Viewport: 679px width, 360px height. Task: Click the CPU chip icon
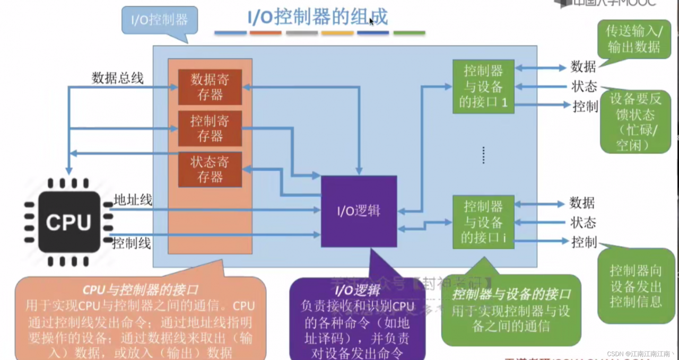coord(68,222)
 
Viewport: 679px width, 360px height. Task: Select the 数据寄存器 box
coord(210,87)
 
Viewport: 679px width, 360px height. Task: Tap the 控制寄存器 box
coord(210,128)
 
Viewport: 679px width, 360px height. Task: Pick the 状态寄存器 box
coord(210,169)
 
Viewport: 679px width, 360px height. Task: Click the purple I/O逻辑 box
coord(359,211)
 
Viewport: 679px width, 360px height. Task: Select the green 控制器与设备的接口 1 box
coord(483,86)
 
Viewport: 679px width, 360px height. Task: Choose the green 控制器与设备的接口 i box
coord(483,222)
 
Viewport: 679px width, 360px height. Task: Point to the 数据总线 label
coord(117,78)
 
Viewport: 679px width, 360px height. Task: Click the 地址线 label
coord(133,200)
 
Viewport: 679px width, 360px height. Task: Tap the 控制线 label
coord(132,243)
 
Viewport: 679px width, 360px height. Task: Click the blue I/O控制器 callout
coord(160,21)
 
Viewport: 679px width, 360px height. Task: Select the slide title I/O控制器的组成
coord(318,17)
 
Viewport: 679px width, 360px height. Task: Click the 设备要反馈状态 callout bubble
coord(635,121)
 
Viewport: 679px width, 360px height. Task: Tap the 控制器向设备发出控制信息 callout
coord(636,286)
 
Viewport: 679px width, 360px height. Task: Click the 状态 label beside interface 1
coord(584,86)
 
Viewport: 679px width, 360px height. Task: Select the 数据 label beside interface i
coord(582,203)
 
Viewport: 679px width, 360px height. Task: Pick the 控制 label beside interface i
coord(584,242)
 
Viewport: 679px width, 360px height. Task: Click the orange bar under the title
coord(265,33)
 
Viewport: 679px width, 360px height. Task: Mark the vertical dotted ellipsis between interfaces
coord(483,155)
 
